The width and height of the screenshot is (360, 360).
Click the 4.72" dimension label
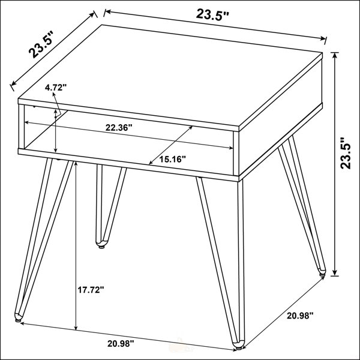click(56, 88)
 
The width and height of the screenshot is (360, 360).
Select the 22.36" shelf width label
click(119, 127)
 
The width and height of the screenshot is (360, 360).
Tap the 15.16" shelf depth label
click(172, 159)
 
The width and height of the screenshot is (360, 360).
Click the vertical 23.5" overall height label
click(345, 153)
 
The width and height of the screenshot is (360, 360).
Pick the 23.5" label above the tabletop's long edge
click(212, 15)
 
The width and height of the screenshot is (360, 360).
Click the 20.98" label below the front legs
click(121, 343)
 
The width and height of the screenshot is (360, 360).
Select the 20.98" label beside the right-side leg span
click(300, 316)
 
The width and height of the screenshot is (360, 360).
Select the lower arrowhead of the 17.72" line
click(76, 328)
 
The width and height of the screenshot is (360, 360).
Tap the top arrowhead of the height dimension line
click(335, 56)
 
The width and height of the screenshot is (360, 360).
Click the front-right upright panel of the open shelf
click(236, 154)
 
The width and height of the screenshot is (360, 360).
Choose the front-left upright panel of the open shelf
click(22, 127)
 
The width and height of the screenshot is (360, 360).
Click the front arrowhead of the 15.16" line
click(151, 163)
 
